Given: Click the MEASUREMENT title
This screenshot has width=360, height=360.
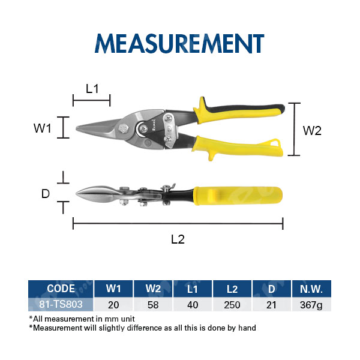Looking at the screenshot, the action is [179, 43].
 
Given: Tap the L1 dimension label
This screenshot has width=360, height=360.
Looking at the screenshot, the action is [92, 89].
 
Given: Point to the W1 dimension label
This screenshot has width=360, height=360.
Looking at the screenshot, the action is [42, 128].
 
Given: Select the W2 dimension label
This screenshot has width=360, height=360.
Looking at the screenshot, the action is [312, 131].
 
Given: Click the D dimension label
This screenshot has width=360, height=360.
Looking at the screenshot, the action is [46, 194].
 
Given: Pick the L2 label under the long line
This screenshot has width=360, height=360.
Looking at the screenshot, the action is [178, 239].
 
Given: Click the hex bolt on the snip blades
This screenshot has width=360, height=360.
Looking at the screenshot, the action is [124, 128].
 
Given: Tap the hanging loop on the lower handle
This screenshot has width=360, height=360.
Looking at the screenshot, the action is [275, 143].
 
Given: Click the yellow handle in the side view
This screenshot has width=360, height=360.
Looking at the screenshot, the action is [238, 196].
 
